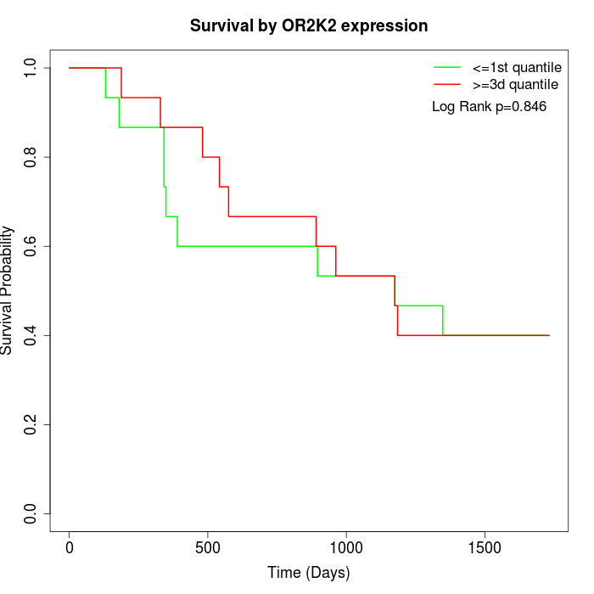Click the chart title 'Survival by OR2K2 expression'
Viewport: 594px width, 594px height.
308,25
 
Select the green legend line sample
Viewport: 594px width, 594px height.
446,66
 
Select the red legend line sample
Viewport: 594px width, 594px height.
446,84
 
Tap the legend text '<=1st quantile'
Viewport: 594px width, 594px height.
516,66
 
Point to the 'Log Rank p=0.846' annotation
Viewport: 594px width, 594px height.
489,107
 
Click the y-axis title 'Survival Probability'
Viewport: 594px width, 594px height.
8,290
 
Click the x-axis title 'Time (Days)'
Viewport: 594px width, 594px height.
308,573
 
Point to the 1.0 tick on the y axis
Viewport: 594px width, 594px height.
31,68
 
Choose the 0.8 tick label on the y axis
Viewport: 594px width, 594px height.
31,157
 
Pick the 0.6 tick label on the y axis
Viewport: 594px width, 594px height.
31,246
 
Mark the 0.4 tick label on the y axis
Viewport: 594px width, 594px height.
31,335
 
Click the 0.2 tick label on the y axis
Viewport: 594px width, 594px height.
31,424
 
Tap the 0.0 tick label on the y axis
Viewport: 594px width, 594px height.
31,513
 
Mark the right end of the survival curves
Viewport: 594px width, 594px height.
549,335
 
